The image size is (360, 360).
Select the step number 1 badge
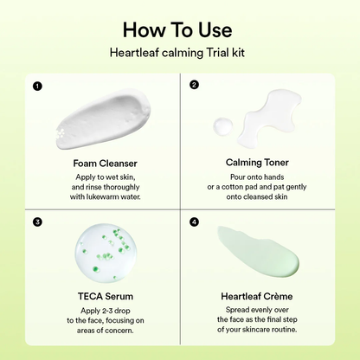(36, 86)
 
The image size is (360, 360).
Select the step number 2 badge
(194, 86)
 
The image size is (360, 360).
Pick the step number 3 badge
(36, 221)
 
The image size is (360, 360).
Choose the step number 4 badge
(194, 221)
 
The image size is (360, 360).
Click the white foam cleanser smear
(101, 120)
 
